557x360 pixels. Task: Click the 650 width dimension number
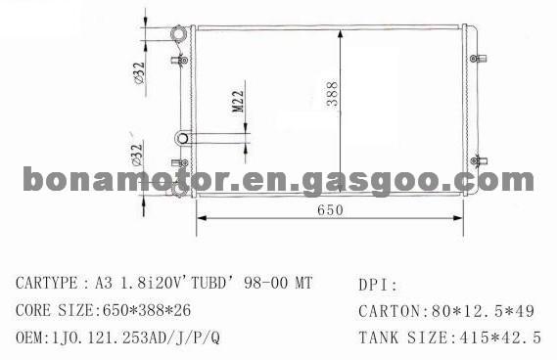coord(330,209)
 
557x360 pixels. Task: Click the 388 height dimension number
coord(333,94)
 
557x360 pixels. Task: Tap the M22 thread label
coord(238,101)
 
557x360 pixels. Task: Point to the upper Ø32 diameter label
coord(139,73)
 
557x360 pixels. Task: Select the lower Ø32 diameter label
coord(137,155)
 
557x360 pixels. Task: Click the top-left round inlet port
coord(178,33)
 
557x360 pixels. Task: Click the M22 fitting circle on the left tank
coord(183,138)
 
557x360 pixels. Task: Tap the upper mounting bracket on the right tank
coord(478,59)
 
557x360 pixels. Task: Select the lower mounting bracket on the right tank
coord(479,160)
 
